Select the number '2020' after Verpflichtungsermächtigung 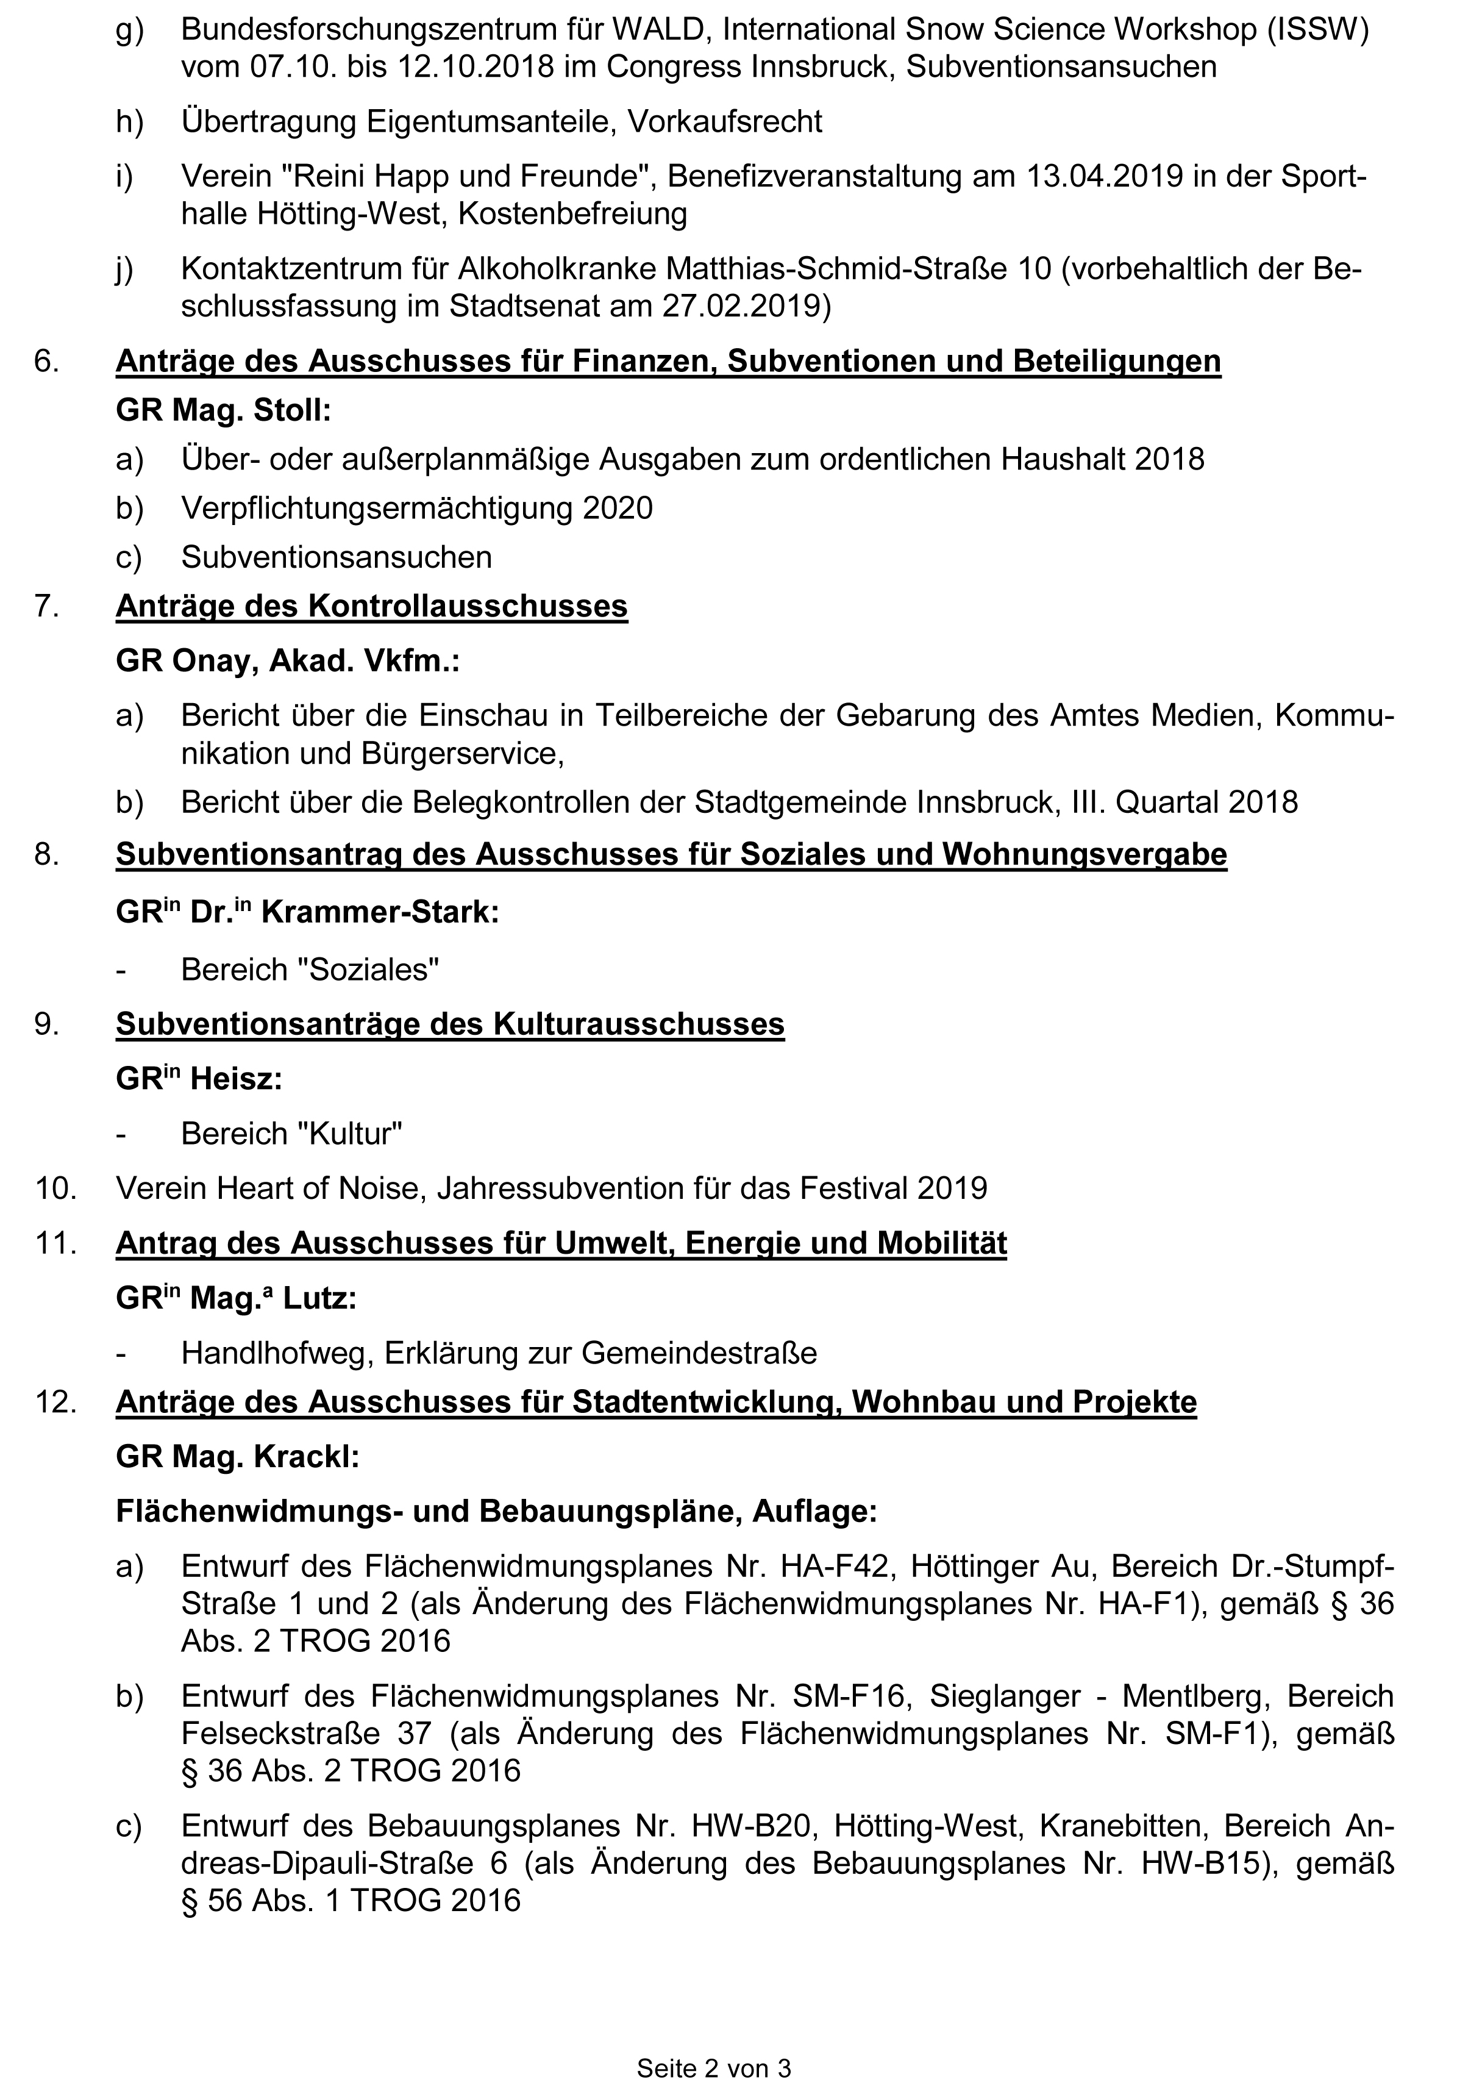point(618,508)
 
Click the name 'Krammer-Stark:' point(380,912)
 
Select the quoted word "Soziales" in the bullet point(369,970)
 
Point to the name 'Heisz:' point(237,1080)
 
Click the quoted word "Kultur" point(349,1135)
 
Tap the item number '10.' point(55,1188)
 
